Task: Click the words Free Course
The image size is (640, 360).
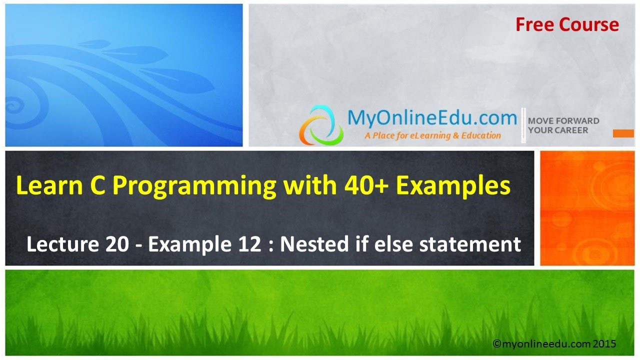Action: (x=567, y=24)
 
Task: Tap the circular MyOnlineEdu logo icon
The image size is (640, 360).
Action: (x=321, y=125)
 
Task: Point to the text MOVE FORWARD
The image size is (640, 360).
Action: (x=563, y=120)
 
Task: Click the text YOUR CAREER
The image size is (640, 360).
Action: (x=557, y=130)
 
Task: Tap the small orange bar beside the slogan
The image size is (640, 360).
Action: (x=623, y=133)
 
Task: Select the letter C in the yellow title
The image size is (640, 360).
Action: (x=92, y=186)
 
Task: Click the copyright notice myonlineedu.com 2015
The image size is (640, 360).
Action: (x=554, y=344)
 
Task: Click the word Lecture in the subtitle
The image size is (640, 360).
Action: (x=62, y=244)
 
